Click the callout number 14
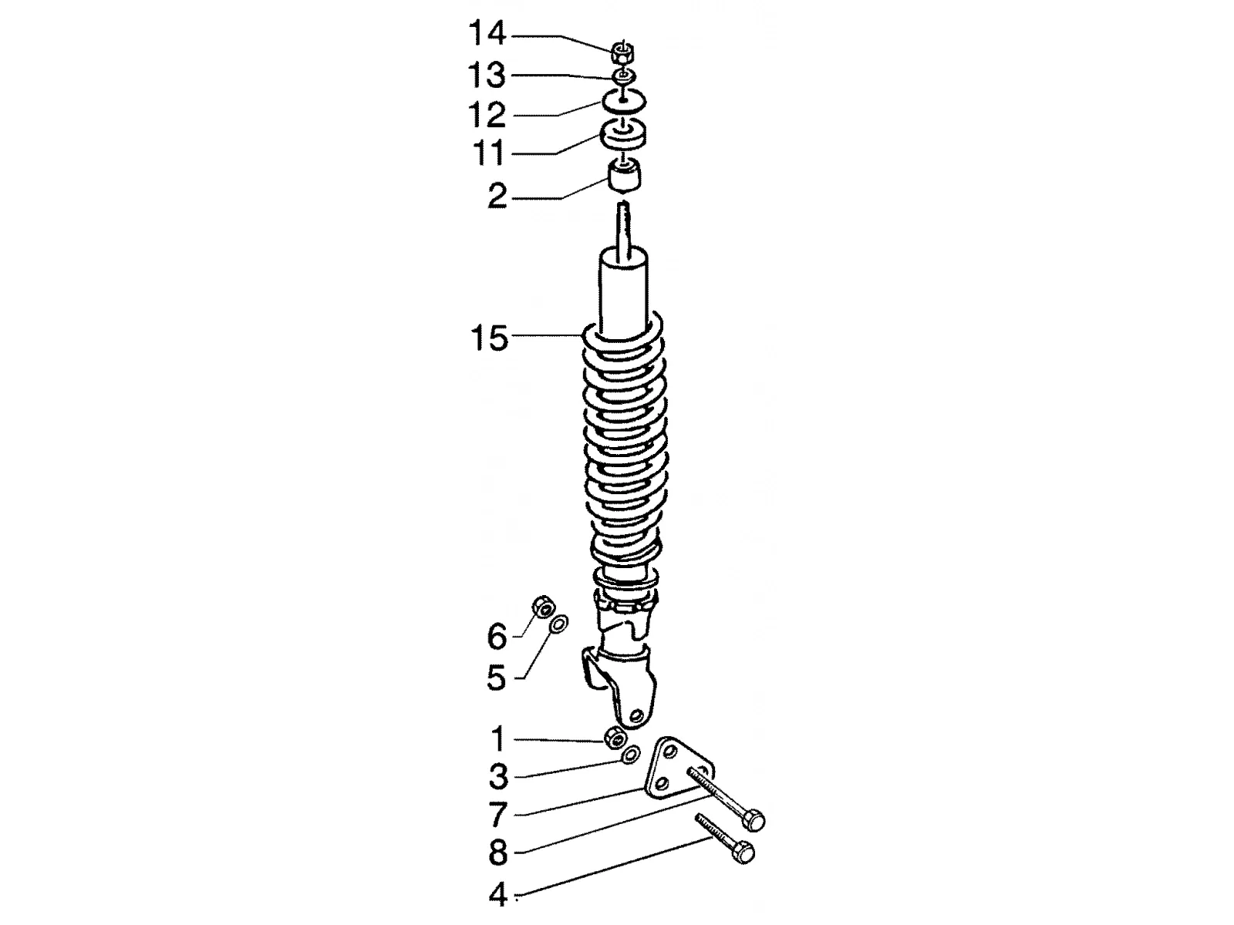tap(487, 34)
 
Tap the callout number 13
tap(487, 76)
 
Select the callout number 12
tap(487, 115)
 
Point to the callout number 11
tap(488, 152)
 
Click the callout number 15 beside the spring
tap(489, 338)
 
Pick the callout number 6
tap(497, 637)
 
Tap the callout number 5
tap(497, 678)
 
